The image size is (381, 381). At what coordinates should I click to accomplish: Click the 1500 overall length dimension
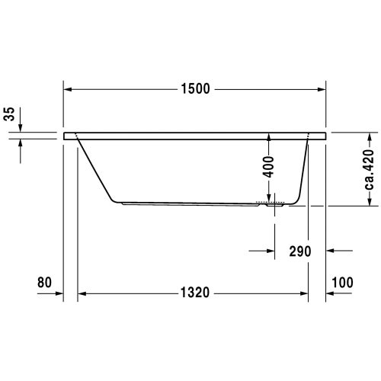(195, 89)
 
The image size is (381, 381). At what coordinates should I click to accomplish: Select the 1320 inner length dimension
(195, 293)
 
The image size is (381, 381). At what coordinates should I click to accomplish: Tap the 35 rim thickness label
(9, 114)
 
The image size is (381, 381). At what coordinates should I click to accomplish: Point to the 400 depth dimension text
(268, 167)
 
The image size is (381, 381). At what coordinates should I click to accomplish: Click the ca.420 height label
(370, 170)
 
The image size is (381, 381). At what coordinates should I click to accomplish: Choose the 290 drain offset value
(300, 251)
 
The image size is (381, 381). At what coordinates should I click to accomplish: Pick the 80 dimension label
(44, 282)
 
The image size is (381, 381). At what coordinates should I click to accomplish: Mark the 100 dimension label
(342, 282)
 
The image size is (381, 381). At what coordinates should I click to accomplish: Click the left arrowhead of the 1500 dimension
(67, 89)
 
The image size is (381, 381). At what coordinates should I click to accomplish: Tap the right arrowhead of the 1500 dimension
(322, 89)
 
